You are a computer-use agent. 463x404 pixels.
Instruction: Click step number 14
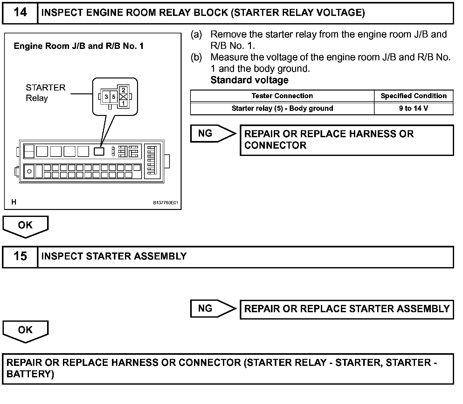[20, 13]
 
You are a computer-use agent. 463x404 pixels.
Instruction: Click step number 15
[20, 257]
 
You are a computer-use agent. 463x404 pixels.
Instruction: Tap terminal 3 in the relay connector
[106, 97]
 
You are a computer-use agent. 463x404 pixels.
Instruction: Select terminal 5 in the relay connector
[114, 97]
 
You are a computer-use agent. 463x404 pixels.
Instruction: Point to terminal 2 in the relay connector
[123, 91]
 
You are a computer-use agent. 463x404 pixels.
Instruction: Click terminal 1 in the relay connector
[123, 103]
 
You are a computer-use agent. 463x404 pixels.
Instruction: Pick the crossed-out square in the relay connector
[123, 97]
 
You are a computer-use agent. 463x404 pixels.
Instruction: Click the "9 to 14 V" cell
[413, 108]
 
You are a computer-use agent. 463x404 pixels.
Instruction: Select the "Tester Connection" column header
[282, 96]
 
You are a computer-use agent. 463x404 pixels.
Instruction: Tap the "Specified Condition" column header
[413, 96]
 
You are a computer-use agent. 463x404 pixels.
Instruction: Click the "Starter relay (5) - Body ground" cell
[282, 108]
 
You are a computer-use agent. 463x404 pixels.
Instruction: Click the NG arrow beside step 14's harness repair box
[212, 133]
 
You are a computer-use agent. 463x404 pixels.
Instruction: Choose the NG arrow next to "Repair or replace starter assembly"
[212, 308]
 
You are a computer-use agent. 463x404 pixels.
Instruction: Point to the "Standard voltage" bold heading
[249, 80]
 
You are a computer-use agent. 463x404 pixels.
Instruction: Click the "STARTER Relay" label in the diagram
[45, 93]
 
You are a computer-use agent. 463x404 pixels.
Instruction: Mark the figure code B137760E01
[166, 203]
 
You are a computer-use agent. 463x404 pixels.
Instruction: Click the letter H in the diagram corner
[14, 202]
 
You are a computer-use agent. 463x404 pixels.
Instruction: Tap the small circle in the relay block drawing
[30, 172]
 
